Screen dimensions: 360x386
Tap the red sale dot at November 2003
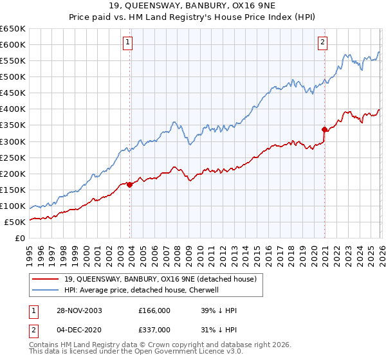point(130,184)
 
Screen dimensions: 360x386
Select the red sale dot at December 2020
point(324,129)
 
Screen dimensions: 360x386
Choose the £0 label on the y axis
point(21,238)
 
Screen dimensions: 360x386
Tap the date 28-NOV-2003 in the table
point(84,310)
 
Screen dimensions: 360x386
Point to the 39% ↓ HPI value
point(219,310)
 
